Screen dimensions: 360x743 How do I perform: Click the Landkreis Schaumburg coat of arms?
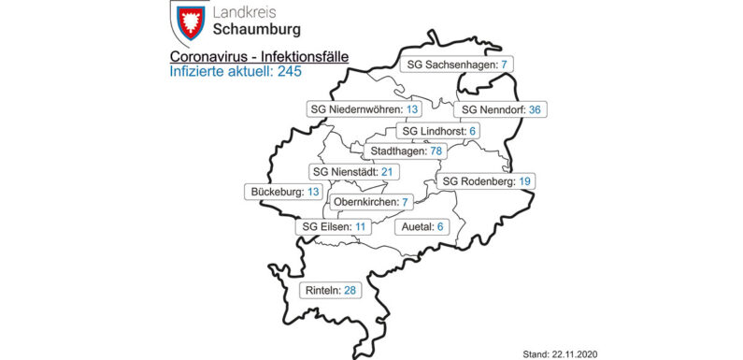(189, 22)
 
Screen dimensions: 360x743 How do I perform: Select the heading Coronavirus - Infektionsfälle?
(261, 57)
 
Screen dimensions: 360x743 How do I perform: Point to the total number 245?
(288, 72)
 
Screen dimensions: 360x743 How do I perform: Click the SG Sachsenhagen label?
(453, 65)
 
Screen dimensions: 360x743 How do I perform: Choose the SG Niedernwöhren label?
(364, 109)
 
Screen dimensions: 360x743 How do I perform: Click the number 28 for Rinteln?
(350, 292)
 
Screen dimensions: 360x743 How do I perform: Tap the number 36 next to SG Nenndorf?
(535, 109)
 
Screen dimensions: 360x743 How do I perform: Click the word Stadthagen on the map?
(392, 151)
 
